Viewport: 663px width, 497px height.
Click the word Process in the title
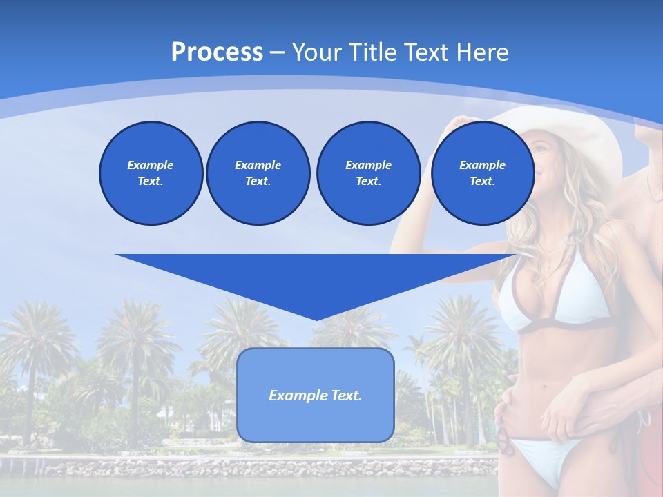[x=217, y=52]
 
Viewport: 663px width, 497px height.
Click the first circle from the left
[x=151, y=173]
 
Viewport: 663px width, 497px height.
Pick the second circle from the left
[x=258, y=173]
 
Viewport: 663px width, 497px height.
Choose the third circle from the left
[x=368, y=173]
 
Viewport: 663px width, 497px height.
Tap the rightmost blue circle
[x=482, y=173]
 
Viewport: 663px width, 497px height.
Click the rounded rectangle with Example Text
[x=315, y=395]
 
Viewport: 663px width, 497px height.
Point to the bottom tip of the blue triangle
[x=316, y=319]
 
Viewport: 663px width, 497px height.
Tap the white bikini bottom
[x=546, y=456]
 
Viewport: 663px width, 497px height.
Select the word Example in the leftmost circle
[x=151, y=165]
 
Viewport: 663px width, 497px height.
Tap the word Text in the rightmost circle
[x=482, y=182]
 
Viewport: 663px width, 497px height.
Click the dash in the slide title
[x=278, y=52]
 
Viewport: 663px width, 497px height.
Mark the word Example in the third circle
[x=368, y=165]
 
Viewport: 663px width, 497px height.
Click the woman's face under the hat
[x=546, y=155]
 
